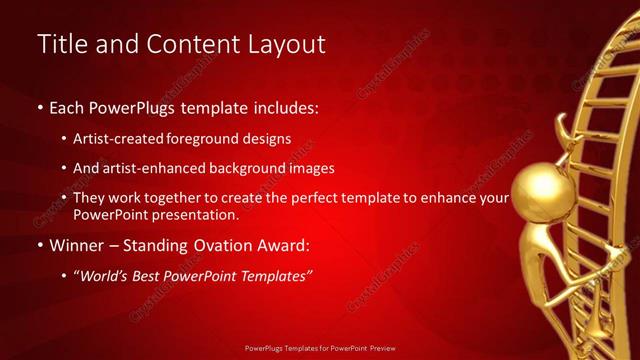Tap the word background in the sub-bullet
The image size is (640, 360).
pyautogui.click(x=255, y=168)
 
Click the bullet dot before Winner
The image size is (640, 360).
pyautogui.click(x=40, y=246)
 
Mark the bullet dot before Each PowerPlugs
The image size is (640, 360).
pyautogui.click(x=40, y=106)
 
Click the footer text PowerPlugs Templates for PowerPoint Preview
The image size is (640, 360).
pyautogui.click(x=319, y=349)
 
